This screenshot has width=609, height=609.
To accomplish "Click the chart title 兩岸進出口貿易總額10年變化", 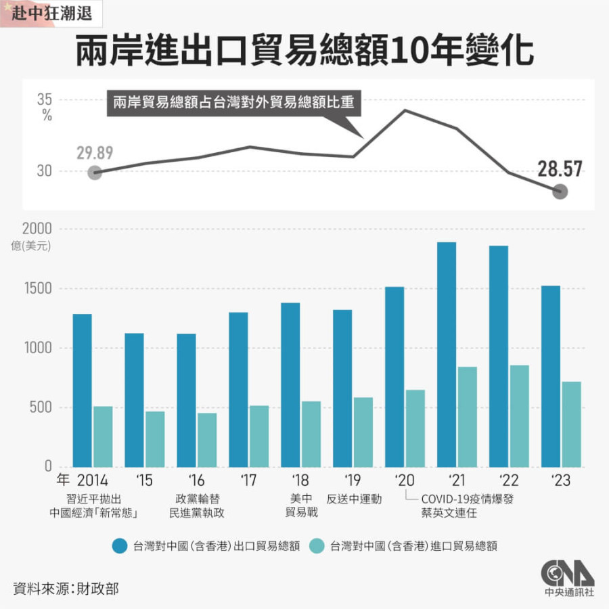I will [x=304, y=51].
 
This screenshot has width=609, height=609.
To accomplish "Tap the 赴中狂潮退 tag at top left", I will [x=46, y=13].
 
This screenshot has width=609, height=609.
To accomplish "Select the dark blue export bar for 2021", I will [x=446, y=354].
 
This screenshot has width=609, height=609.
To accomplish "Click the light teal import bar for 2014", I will [x=103, y=436].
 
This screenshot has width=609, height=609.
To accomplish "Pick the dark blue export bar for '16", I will [x=186, y=400].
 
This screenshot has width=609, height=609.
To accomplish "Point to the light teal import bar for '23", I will [x=571, y=424].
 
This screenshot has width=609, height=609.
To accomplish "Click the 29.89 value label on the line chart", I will [x=94, y=152].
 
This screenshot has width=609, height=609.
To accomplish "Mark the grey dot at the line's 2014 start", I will [x=95, y=173].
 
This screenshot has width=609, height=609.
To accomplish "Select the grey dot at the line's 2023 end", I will [x=560, y=192].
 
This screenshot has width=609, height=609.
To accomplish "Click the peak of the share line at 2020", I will [x=405, y=110].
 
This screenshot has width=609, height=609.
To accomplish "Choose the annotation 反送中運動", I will [x=354, y=499].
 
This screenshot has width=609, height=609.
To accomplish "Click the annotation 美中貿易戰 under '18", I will [x=301, y=505].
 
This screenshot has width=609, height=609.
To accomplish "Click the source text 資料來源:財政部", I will [x=66, y=588].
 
